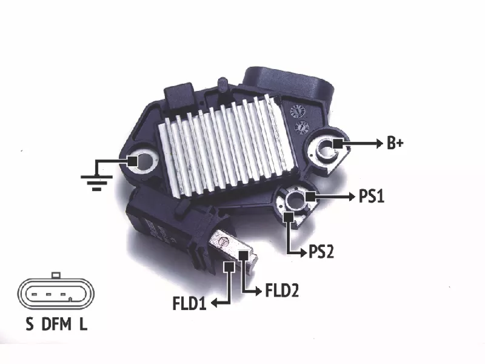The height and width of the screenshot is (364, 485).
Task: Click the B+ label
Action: (395, 143)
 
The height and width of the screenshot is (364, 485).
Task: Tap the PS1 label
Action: (372, 196)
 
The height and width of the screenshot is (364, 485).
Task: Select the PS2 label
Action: (321, 252)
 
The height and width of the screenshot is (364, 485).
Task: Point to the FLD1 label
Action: (189, 303)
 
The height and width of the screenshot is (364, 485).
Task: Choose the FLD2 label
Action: (282, 291)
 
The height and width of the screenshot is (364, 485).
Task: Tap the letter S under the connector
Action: (29, 324)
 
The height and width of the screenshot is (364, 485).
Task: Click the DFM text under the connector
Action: (56, 324)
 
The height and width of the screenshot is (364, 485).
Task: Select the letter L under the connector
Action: (83, 324)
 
